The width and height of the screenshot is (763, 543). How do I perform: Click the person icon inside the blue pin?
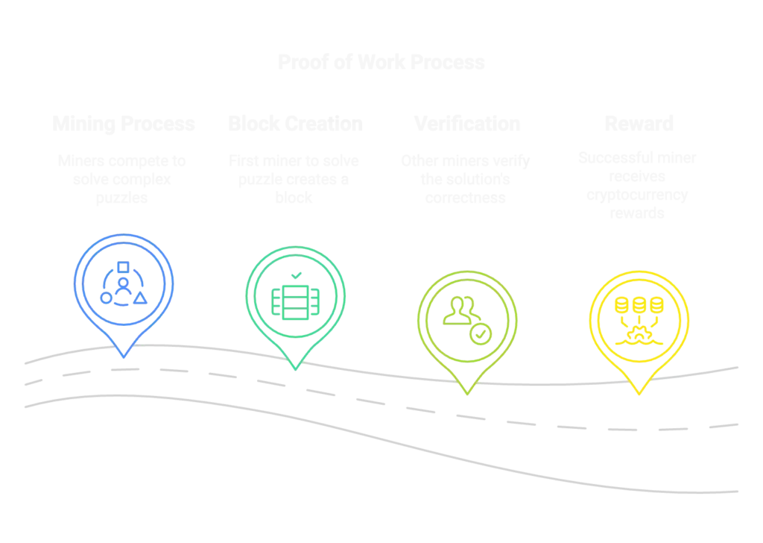pyautogui.click(x=122, y=269)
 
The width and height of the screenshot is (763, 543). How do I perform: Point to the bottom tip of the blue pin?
pyautogui.click(x=124, y=357)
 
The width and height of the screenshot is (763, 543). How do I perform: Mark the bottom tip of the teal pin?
pyautogui.click(x=295, y=368)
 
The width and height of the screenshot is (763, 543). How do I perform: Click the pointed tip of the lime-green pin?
pyautogui.click(x=467, y=392)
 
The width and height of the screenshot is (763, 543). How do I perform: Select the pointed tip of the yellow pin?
pyautogui.click(x=639, y=394)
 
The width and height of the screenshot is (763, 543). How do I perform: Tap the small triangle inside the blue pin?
pyautogui.click(x=140, y=298)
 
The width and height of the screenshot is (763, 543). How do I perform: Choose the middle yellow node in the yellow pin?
pyautogui.click(x=639, y=304)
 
